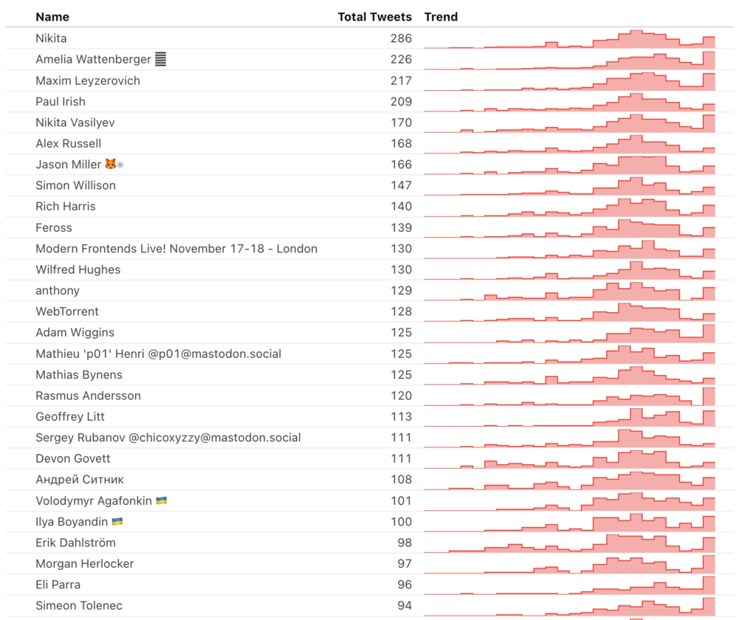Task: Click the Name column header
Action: (52, 17)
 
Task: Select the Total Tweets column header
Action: (374, 17)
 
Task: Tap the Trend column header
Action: (441, 17)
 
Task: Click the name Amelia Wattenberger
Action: (93, 60)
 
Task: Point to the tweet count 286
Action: (401, 38)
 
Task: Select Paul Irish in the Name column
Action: (61, 102)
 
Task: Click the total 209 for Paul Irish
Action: (401, 102)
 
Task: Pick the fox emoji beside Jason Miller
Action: (110, 165)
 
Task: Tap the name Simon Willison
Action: (75, 185)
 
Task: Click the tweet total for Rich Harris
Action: (401, 207)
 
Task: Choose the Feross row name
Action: (54, 228)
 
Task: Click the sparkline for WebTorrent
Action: (569, 312)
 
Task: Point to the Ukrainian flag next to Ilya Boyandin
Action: (117, 522)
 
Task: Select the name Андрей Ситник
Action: (80, 480)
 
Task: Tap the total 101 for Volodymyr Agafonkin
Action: (401, 501)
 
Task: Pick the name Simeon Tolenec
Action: (80, 606)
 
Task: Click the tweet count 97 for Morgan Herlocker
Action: (404, 564)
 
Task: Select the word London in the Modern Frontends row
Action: (298, 249)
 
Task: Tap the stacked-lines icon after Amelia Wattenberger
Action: (160, 60)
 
